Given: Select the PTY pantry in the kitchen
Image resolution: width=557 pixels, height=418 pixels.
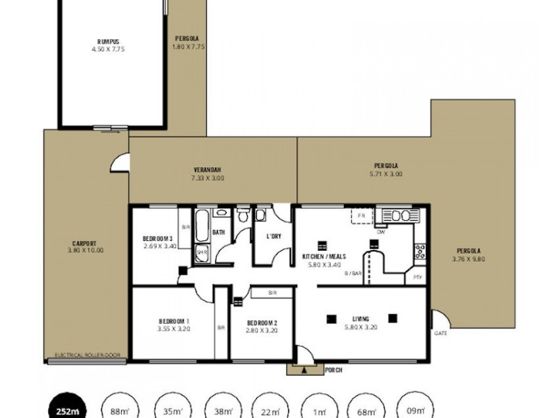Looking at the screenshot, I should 417,277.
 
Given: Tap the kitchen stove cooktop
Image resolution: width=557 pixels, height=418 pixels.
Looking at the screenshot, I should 420,251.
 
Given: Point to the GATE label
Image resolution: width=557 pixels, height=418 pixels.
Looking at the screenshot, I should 441,333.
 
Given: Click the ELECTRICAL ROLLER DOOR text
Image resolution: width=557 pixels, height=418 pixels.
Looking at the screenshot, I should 86,355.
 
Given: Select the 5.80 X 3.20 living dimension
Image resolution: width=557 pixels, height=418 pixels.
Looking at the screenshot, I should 360,327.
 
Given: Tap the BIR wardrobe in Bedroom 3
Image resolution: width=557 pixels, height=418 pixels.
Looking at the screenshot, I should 185,228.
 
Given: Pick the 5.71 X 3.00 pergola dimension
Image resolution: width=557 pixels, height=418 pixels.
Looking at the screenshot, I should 386,173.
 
